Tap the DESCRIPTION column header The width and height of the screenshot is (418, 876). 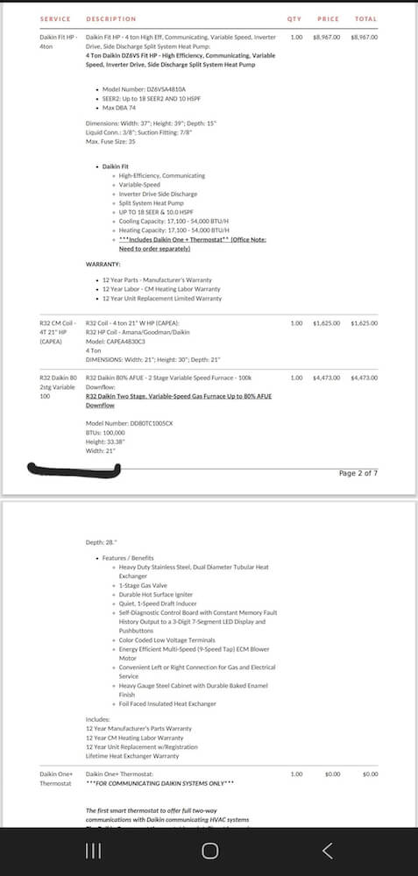(x=110, y=18)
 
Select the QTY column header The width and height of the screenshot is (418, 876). (x=294, y=18)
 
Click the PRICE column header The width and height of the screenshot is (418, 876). (x=328, y=18)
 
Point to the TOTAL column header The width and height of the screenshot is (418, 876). (x=365, y=18)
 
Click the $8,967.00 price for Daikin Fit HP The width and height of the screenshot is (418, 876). (x=326, y=38)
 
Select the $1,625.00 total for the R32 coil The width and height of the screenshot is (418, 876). (x=364, y=323)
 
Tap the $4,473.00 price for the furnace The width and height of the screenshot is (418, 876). (x=326, y=377)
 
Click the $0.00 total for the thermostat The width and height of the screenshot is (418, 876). (x=370, y=774)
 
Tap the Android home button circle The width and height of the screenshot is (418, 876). (x=209, y=851)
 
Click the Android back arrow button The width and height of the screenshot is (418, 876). (x=328, y=851)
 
